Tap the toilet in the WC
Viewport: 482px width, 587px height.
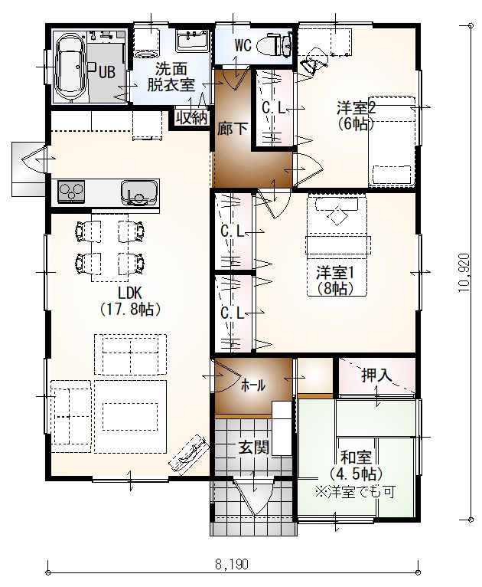pyautogui.click(x=278, y=46)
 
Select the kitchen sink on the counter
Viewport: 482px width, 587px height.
pyautogui.click(x=138, y=192)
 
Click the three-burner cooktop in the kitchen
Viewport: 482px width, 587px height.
pyautogui.click(x=71, y=192)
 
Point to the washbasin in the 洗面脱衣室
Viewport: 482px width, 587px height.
pyautogui.click(x=192, y=41)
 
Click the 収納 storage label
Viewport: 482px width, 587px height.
pyautogui.click(x=192, y=118)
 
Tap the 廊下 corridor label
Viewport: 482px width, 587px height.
pyautogui.click(x=233, y=129)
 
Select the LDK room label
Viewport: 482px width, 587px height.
pyautogui.click(x=128, y=293)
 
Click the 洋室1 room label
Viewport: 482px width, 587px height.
pyautogui.click(x=335, y=273)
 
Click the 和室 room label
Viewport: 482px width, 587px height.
pyautogui.click(x=356, y=457)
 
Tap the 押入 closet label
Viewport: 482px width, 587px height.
pyautogui.click(x=377, y=375)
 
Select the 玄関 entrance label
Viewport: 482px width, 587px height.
pyautogui.click(x=254, y=448)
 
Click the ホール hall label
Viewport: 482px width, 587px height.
pyautogui.click(x=253, y=385)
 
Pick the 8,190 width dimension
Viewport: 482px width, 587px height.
pyautogui.click(x=232, y=564)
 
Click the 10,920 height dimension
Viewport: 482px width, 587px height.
pyautogui.click(x=464, y=273)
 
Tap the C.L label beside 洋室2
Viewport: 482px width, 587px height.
pyautogui.click(x=273, y=108)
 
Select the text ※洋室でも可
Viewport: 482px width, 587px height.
pyautogui.click(x=355, y=492)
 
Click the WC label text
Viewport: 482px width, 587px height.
pyautogui.click(x=243, y=46)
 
